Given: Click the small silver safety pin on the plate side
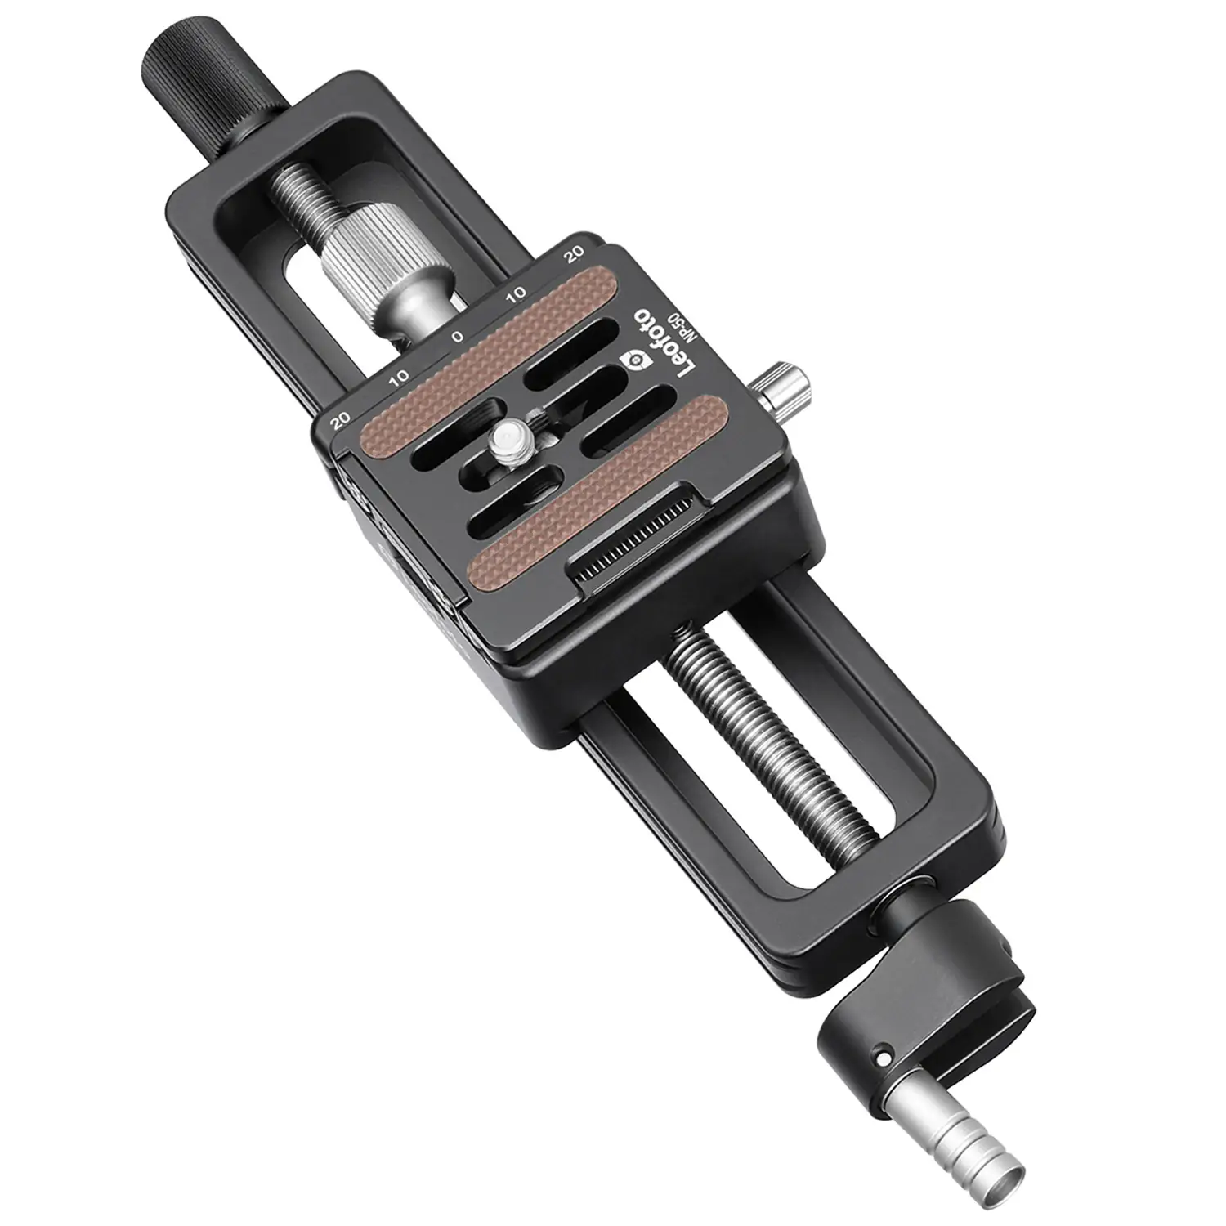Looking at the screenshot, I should [x=782, y=387].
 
